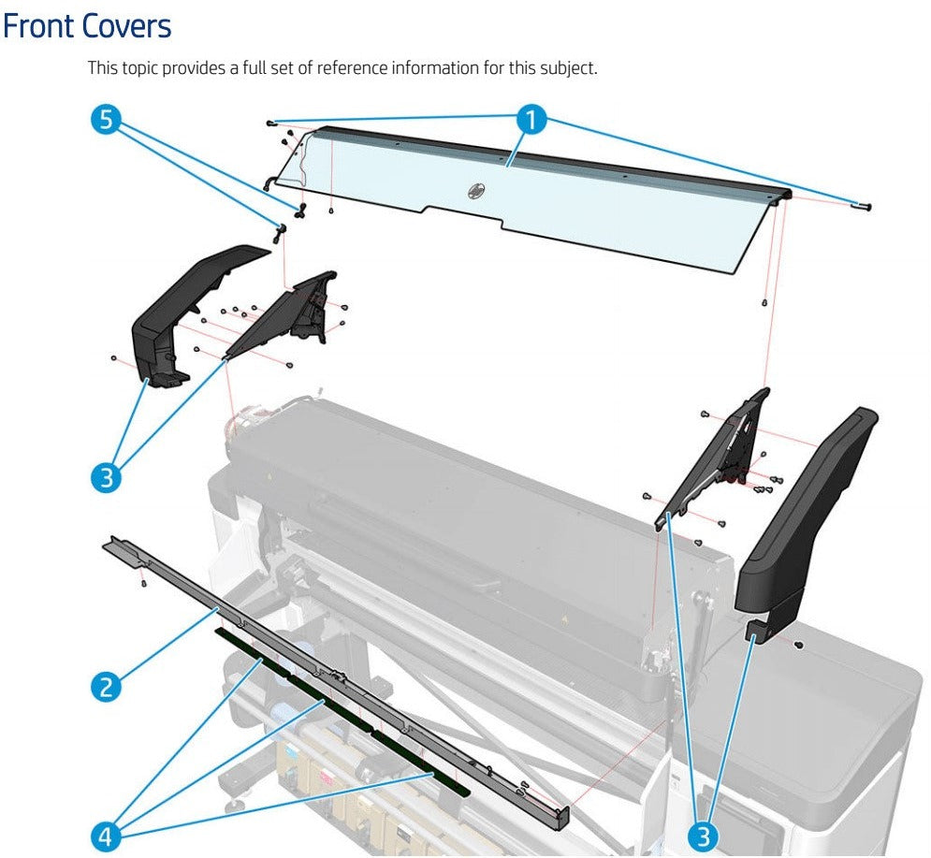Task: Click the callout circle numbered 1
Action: (x=531, y=121)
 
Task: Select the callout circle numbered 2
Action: (x=106, y=687)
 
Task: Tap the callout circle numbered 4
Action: (x=106, y=836)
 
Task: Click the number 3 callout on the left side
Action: (x=106, y=477)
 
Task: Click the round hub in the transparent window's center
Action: (x=475, y=191)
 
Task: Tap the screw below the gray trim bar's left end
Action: (x=142, y=583)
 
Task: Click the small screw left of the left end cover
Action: (x=112, y=357)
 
